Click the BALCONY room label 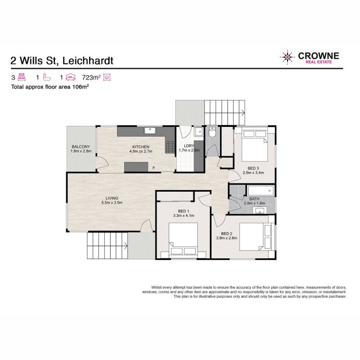[81, 147]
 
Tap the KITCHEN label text [141, 147]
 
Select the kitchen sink [150, 130]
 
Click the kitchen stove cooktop [170, 147]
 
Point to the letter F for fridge [153, 168]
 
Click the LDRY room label [189, 146]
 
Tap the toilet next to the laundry [212, 132]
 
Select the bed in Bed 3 [255, 146]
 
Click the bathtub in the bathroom [261, 190]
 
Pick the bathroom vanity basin [260, 210]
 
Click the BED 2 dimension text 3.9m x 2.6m [227, 238]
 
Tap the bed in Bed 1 [184, 239]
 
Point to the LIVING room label [112, 198]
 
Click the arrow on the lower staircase [126, 246]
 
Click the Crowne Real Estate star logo [287, 57]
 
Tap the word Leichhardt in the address [88, 61]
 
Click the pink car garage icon [71, 77]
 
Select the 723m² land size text [91, 77]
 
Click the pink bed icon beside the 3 [22, 77]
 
